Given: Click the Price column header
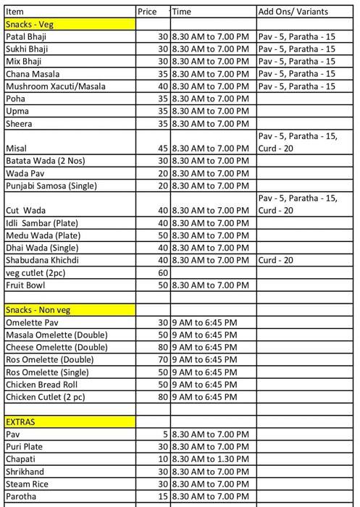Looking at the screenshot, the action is pos(147,12).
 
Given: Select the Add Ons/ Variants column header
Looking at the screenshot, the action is pos(293,12).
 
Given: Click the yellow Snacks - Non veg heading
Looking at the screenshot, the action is pos(38,310).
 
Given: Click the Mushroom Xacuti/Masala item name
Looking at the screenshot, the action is pos(55,86).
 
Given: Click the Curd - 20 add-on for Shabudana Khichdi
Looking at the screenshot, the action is pos(276,260).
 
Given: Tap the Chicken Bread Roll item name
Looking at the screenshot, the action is pos(41,385).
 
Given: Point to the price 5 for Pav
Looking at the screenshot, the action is pos(165,435).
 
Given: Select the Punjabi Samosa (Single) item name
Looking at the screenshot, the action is pos(51,185).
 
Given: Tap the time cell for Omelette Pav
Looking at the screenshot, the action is pos(204,322).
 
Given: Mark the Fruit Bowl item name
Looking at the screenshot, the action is pos(25,285).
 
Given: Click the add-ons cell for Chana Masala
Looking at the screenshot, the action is pos(296,74).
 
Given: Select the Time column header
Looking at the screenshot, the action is pos(182,12).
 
